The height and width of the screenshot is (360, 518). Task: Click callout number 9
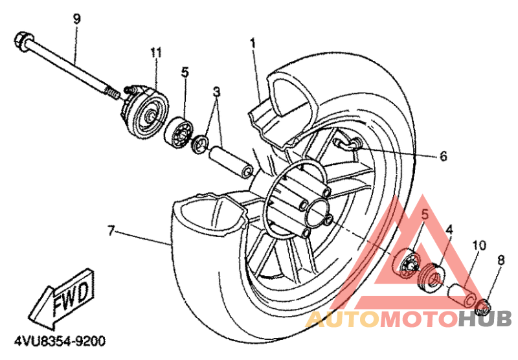coord(77,19)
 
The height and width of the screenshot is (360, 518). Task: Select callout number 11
coord(155,51)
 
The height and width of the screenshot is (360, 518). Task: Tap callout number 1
coord(253,43)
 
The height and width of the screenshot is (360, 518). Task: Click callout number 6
coord(444,156)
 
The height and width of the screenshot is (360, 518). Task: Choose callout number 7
coord(111,230)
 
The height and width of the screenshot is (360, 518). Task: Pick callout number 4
coord(449,229)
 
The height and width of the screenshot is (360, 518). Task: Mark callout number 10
coord(479,245)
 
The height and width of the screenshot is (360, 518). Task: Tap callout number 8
coord(501,260)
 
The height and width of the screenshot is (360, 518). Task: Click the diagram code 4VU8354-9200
coord(54,340)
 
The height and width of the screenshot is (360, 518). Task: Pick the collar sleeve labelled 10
coord(461,294)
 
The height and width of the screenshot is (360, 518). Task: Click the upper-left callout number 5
coord(185,73)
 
